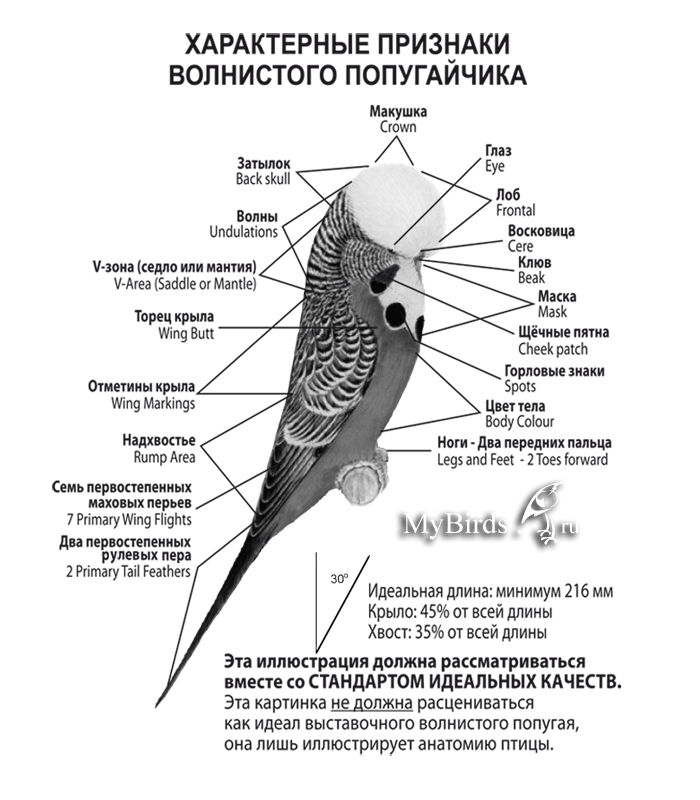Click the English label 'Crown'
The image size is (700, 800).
coord(398,128)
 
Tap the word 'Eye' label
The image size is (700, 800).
coord(496,165)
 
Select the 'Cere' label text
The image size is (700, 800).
coord(521,246)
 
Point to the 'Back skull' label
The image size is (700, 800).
coord(263,179)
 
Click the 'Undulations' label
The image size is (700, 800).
coord(243,232)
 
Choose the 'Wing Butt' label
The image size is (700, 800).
coord(186,334)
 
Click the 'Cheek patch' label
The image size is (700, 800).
coord(553,350)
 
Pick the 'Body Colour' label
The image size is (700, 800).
coord(520,423)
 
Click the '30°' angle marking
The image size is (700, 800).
coord(338,578)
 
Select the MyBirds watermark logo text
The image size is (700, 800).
coord(457,524)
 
